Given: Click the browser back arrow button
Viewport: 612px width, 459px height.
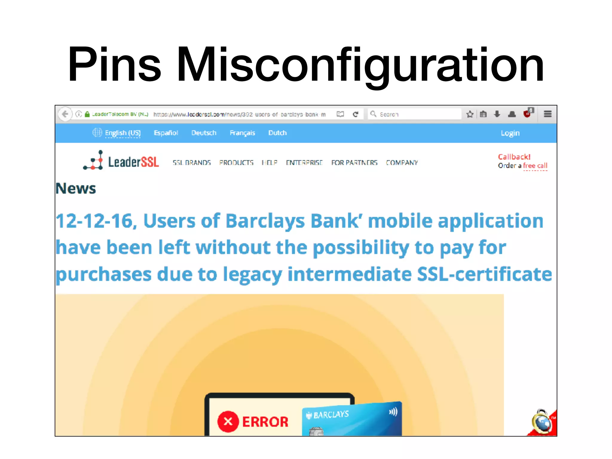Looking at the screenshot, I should [65, 114].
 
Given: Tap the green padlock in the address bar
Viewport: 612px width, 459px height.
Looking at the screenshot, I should [87, 114].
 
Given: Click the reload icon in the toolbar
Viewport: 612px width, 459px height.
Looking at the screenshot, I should [355, 114].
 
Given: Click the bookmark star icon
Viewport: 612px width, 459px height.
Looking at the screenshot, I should [470, 114].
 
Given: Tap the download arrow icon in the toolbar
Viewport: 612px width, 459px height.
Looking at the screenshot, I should [497, 114].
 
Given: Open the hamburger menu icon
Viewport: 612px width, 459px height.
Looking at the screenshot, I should [547, 114].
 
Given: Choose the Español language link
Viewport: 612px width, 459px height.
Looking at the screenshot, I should [166, 133].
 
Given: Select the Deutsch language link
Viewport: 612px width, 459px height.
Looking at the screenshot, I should [204, 133].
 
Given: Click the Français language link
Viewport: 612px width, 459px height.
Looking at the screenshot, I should [242, 133].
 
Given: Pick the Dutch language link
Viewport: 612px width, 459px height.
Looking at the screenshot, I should [277, 133].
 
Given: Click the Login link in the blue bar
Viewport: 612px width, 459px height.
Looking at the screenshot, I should [510, 133].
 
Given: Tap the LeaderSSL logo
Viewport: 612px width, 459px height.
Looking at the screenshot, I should [121, 161].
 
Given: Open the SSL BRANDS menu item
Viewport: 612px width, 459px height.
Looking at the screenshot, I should [192, 163].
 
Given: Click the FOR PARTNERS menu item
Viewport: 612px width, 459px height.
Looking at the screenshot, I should [354, 163].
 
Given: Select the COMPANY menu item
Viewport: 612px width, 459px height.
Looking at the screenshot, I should [402, 163].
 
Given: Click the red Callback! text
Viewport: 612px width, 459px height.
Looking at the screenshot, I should [514, 157].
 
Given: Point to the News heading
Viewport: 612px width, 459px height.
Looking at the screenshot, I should [76, 189].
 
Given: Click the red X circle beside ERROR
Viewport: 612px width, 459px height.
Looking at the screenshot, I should [228, 422].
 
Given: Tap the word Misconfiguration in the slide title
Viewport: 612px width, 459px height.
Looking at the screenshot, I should [360, 64].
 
